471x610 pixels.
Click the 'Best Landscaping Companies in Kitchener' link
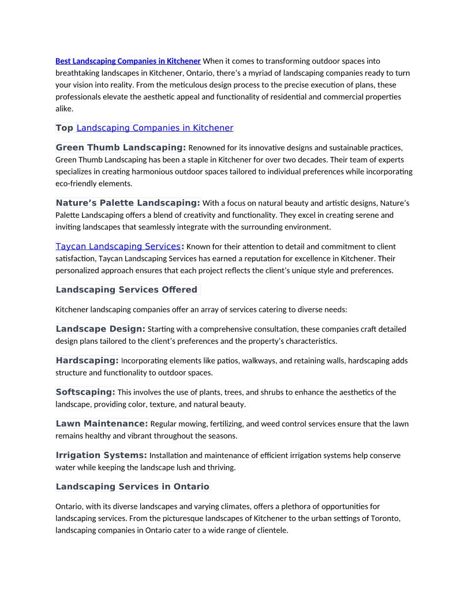[128, 61]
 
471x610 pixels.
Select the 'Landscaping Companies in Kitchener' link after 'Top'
[155, 128]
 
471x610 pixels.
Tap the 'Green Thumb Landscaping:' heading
[121, 147]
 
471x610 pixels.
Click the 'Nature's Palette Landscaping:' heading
[128, 203]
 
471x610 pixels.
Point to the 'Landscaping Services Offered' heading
[126, 289]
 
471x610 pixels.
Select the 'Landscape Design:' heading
[100, 329]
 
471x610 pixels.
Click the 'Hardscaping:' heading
[87, 360]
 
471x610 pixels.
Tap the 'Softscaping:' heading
[85, 392]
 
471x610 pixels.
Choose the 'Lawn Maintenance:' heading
[102, 423]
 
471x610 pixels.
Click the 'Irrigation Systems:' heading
[101, 455]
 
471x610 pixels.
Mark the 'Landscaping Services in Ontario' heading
[132, 486]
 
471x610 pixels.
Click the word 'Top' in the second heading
[64, 128]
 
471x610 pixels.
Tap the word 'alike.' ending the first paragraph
[65, 109]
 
